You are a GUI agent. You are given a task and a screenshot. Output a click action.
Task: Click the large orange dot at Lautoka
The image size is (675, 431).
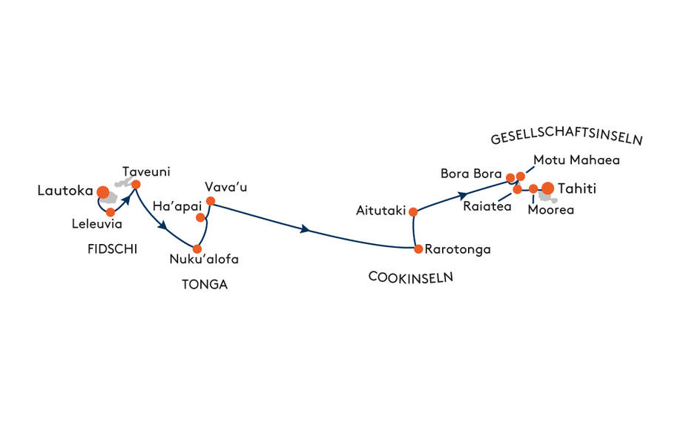(x=103, y=192)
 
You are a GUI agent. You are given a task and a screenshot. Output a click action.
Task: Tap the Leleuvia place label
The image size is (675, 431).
(x=97, y=224)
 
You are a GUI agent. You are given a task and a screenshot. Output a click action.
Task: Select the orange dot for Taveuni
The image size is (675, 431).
(x=136, y=185)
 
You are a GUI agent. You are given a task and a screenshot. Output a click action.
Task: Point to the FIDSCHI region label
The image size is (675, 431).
(x=112, y=249)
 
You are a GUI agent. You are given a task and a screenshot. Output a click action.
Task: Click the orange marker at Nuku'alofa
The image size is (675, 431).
(x=197, y=249)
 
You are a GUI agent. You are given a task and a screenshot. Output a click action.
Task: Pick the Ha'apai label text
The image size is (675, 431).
(x=177, y=206)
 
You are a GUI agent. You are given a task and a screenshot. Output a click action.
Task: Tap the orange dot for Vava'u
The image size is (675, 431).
(x=211, y=201)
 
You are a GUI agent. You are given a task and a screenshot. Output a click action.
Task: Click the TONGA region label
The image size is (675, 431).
(x=205, y=285)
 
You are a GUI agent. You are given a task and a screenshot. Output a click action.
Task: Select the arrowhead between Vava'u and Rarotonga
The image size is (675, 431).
(x=305, y=229)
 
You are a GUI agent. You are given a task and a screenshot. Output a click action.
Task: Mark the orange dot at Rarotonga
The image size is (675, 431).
(x=418, y=249)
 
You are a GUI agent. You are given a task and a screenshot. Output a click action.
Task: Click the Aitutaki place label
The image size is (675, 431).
(x=381, y=211)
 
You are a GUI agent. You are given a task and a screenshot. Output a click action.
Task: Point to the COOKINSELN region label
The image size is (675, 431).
(x=411, y=277)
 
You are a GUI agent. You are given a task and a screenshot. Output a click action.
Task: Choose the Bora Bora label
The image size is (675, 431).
(x=471, y=174)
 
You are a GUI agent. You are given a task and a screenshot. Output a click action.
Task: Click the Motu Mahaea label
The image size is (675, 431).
(x=576, y=160)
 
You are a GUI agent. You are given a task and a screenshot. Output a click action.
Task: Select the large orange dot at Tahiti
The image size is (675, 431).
(x=547, y=188)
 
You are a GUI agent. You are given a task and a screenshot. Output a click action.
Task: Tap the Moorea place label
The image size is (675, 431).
(x=550, y=210)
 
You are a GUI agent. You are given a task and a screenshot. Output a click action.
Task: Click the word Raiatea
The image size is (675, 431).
(x=487, y=207)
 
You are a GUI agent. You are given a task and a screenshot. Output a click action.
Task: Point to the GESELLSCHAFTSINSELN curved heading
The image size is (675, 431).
(x=567, y=136)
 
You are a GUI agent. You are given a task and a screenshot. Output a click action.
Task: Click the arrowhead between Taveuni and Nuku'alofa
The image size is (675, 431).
(x=163, y=226)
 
